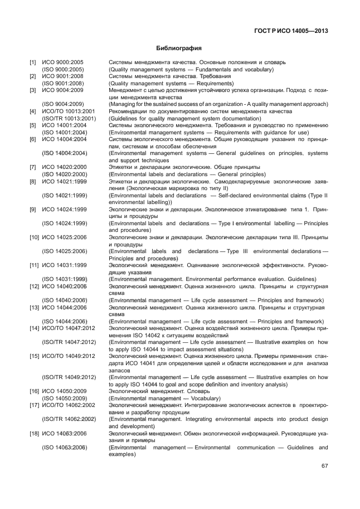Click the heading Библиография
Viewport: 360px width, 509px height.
coord(179,49)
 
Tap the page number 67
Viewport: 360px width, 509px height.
coord(324,466)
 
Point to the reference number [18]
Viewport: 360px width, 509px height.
coord(34,433)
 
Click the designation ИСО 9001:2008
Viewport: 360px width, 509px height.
coord(63,76)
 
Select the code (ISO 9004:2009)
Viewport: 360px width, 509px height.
coord(63,104)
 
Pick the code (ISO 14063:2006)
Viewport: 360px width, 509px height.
coord(65,447)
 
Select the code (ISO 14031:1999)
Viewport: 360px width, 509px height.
coord(65,279)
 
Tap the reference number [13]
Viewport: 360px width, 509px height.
coord(34,307)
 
